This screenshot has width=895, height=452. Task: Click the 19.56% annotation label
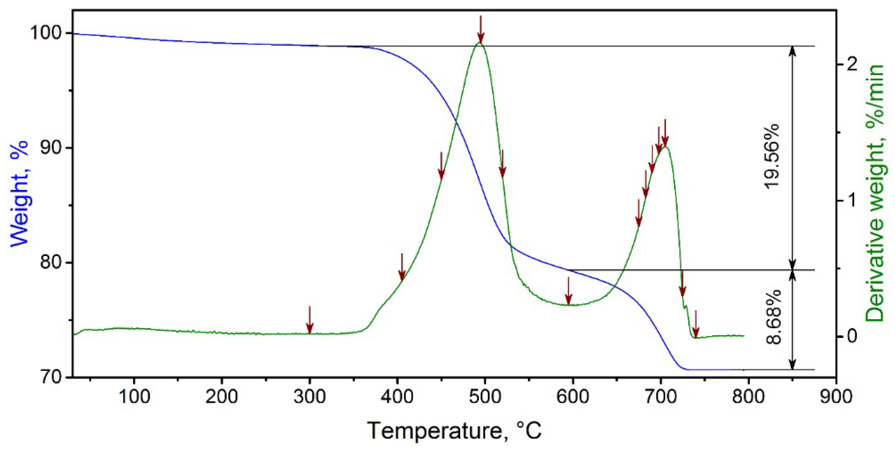(x=772, y=156)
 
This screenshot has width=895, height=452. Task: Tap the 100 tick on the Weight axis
(x=47, y=33)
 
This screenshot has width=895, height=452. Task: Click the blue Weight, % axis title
(x=19, y=194)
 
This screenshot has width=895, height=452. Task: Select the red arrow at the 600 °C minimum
(x=569, y=291)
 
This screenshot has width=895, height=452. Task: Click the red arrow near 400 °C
(x=402, y=267)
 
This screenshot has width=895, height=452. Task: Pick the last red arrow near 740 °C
(x=696, y=324)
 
